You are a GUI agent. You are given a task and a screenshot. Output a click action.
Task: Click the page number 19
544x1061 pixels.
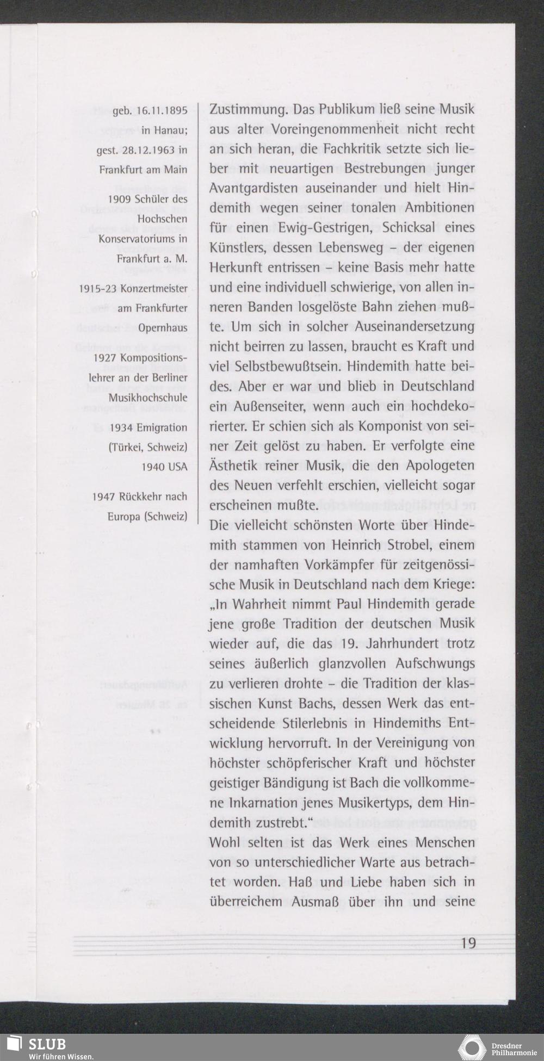tap(467, 942)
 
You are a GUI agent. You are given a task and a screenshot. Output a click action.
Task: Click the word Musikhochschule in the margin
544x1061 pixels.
tap(148, 398)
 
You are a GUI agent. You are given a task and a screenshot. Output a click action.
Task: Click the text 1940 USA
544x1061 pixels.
tap(164, 467)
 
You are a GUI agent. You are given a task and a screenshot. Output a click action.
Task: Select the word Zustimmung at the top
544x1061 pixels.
tap(248, 109)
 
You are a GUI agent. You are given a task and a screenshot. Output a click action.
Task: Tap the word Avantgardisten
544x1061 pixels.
tap(251, 188)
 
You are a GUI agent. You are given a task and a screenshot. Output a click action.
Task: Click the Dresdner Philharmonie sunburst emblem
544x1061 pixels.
tap(472, 1047)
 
